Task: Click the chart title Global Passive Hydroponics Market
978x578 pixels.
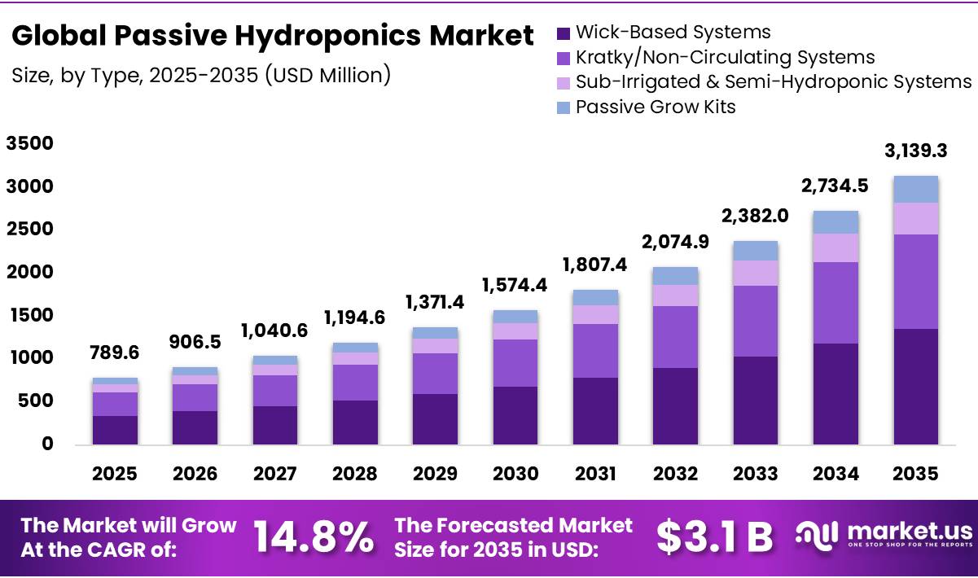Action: click(x=273, y=36)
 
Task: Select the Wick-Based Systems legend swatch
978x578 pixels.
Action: click(x=564, y=33)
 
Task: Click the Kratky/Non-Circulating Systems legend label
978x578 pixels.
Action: click(x=725, y=57)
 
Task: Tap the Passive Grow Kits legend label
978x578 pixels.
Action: click(x=656, y=107)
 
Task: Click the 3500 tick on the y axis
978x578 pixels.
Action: click(x=29, y=144)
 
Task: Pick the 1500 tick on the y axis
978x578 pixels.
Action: click(x=29, y=315)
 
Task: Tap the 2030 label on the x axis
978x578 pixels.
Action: click(x=515, y=474)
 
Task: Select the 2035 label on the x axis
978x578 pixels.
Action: click(x=916, y=474)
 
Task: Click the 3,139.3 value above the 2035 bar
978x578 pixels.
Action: click(x=916, y=151)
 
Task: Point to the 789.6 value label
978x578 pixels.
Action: click(x=115, y=352)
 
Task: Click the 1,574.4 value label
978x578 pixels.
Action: click(x=515, y=285)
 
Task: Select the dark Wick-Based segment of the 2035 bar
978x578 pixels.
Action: click(x=916, y=387)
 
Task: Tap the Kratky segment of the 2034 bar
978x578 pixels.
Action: click(x=836, y=303)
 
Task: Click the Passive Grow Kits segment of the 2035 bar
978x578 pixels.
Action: click(x=916, y=189)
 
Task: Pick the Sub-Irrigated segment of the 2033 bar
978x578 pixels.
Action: click(x=756, y=273)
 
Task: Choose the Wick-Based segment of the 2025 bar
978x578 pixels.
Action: click(x=115, y=430)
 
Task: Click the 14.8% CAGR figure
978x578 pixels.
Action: click(x=314, y=536)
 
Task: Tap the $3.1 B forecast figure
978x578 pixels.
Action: click(x=714, y=536)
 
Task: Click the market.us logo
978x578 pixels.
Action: click(x=884, y=534)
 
